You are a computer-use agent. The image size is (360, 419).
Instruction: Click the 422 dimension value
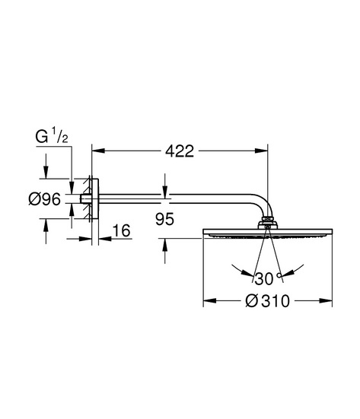pos(180,151)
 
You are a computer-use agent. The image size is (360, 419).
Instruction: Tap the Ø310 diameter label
pos(267,301)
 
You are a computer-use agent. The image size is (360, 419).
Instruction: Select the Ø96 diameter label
pos(45,199)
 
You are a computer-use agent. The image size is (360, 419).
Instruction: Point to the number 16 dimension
pos(122,230)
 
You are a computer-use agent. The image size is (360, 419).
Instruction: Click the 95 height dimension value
pos(164,219)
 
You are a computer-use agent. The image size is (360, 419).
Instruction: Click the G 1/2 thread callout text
pos(52,136)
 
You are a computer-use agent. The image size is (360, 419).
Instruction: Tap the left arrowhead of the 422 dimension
pos(98,151)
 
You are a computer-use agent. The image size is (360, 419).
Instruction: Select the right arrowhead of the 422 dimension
pos(261,151)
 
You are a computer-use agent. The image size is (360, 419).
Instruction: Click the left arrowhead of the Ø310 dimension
pos(210,301)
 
